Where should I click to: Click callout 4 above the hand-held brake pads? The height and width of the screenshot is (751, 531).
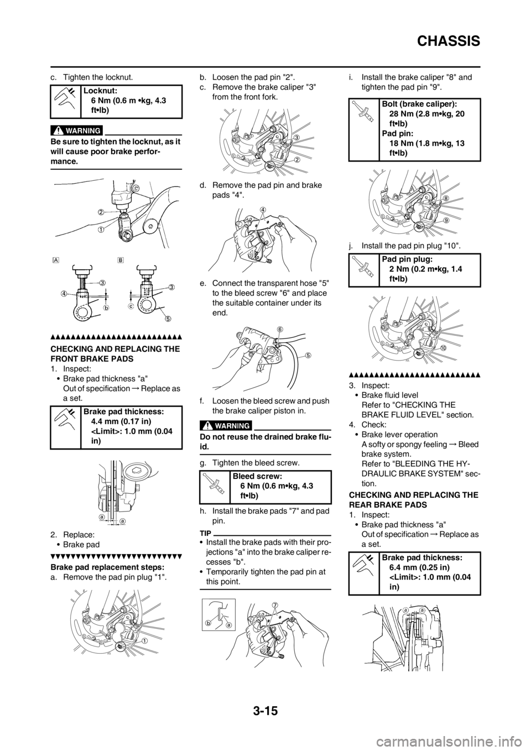[262, 209]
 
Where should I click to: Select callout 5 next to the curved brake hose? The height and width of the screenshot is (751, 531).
[309, 355]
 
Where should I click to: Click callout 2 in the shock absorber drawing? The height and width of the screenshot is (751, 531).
[102, 212]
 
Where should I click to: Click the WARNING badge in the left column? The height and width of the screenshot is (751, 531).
[77, 130]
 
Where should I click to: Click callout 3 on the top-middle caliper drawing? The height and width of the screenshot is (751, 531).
[296, 137]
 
